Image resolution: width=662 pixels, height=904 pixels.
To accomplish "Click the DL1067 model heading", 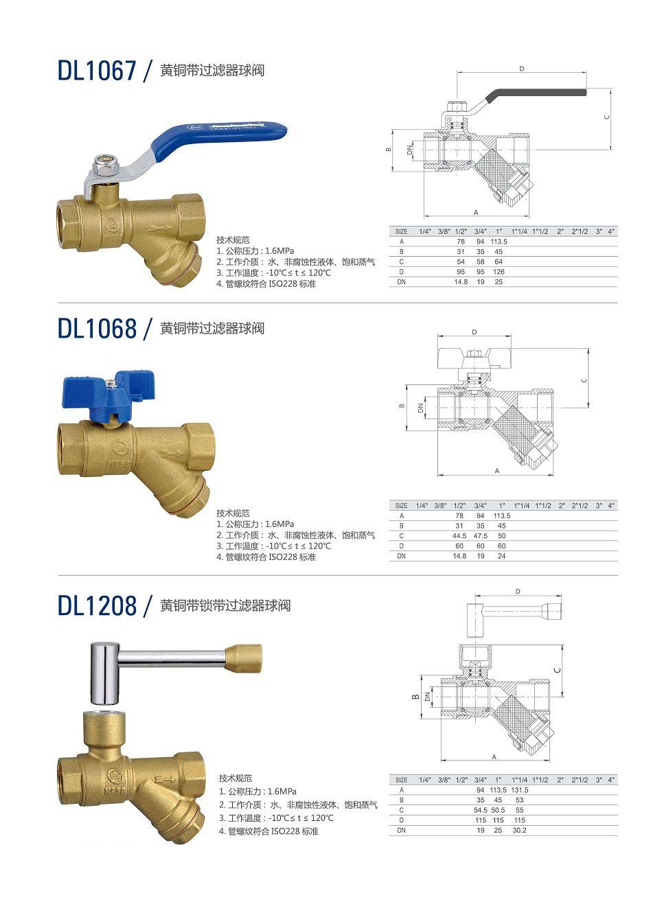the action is [x=97, y=71].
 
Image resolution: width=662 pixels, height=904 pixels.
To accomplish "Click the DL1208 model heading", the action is [x=97, y=605].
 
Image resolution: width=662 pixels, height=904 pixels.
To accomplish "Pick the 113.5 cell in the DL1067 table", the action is [x=499, y=242].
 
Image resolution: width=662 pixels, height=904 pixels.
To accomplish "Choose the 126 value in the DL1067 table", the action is [x=499, y=272].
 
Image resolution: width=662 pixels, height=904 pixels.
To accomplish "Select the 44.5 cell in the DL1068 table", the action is [x=459, y=535].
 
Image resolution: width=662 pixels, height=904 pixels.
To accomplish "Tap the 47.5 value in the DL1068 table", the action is [x=480, y=535].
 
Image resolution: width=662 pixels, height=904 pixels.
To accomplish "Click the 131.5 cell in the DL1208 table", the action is [x=520, y=790].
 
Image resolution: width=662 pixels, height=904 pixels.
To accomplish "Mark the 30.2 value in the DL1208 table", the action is [x=520, y=830].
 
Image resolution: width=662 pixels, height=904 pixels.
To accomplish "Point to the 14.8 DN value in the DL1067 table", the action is [x=461, y=281].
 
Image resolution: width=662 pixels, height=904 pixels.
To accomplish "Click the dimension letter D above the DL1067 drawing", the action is [x=521, y=69].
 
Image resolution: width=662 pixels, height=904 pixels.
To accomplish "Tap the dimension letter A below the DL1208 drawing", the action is [x=494, y=757].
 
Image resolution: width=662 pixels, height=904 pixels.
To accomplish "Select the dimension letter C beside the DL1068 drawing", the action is [x=584, y=380].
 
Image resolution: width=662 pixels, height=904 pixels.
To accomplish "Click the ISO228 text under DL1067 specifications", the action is [x=282, y=283].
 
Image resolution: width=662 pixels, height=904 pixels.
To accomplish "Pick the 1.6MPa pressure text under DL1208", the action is [x=282, y=791].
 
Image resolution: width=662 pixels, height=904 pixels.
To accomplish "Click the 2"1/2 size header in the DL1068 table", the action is [x=580, y=505].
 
